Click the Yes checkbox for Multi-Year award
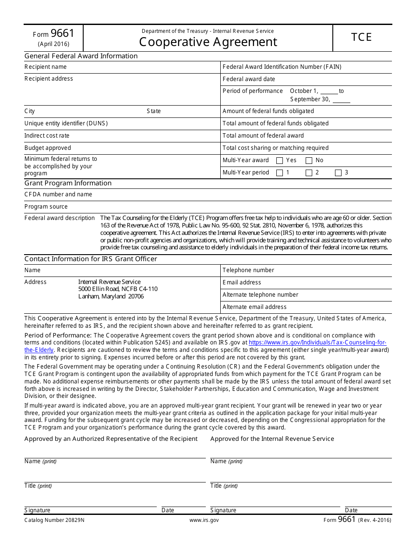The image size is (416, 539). [x=280, y=161]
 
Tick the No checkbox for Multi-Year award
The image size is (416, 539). [x=309, y=161]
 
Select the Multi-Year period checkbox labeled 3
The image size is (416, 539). [x=338, y=173]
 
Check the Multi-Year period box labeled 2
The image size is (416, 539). [x=309, y=173]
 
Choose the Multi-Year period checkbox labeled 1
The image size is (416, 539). [x=280, y=173]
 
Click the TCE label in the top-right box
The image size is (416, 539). [x=362, y=37]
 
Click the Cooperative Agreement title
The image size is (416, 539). [x=208, y=42]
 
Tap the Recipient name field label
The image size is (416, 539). [x=46, y=67]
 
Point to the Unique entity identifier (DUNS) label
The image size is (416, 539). [x=66, y=124]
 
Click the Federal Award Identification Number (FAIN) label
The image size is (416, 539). [x=282, y=67]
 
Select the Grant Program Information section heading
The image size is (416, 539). [x=68, y=183]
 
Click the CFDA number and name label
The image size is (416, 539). [x=58, y=195]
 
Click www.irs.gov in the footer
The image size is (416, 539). [x=204, y=521]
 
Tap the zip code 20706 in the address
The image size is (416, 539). [x=136, y=297]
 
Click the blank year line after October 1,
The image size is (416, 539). [x=329, y=92]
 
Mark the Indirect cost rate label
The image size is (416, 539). [x=47, y=136]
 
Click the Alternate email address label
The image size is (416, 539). [x=254, y=307]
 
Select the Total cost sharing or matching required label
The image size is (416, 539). [x=275, y=148]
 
